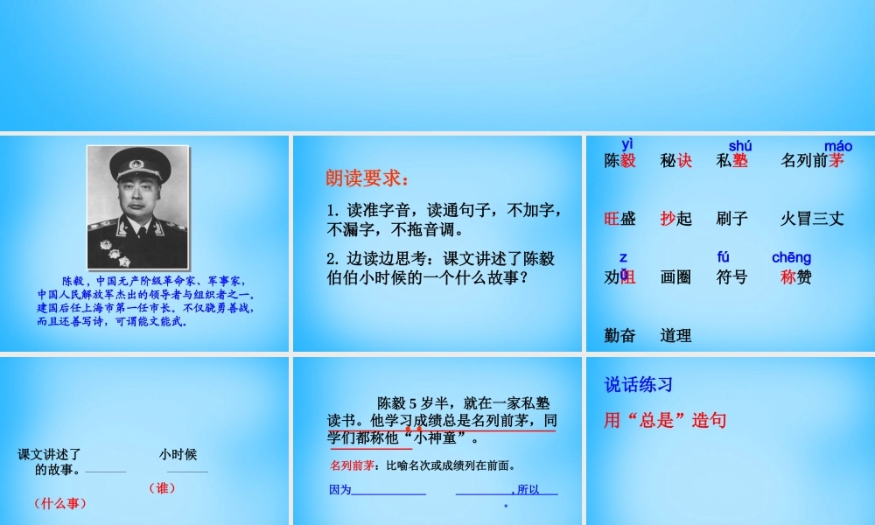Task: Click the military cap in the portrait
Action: [x=137, y=163]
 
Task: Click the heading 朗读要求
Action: [x=367, y=178]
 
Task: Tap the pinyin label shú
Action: [x=739, y=146]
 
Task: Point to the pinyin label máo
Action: [x=837, y=146]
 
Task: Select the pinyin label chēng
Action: [x=791, y=257]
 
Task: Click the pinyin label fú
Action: [x=723, y=257]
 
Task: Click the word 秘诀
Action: [x=675, y=161]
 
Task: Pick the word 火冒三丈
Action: [x=812, y=219]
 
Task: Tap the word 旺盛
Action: [x=619, y=219]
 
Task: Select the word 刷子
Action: [x=731, y=219]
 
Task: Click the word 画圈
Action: [x=675, y=277]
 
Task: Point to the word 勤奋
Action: [x=619, y=335]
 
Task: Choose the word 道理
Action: [x=675, y=335]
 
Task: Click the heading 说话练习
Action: [x=639, y=385]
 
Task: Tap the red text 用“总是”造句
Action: [x=665, y=421]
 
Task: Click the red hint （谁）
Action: [x=162, y=488]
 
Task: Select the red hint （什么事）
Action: [x=60, y=503]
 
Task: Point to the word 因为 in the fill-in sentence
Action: [x=339, y=490]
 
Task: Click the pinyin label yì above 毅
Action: [x=627, y=143]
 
